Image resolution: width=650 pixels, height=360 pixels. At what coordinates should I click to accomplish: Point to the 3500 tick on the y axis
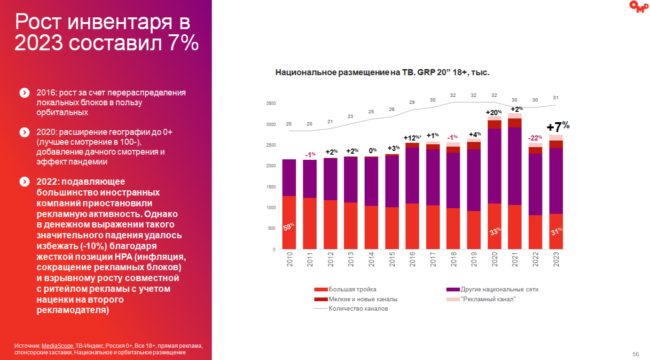271,103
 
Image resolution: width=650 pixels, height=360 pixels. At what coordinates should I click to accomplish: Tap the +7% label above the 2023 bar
558,126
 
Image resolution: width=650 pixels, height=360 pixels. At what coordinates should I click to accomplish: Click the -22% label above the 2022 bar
535,138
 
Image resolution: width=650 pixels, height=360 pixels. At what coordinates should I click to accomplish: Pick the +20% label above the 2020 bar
494,112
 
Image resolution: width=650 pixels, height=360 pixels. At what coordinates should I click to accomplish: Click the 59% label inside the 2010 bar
289,227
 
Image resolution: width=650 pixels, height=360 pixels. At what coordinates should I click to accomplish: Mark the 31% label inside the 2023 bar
556,231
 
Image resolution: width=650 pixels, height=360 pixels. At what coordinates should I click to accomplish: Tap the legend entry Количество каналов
358,309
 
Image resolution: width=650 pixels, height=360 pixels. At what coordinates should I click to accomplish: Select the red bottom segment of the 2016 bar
412,226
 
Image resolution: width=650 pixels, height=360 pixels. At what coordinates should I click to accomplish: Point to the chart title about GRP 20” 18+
382,73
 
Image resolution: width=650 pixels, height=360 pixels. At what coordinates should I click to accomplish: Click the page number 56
636,354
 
